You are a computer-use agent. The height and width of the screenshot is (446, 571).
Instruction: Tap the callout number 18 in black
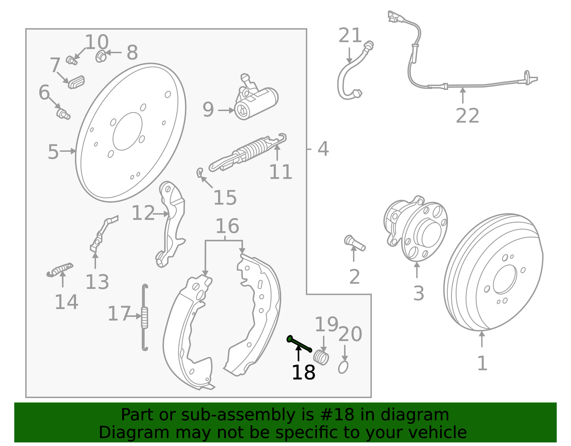pyautogui.click(x=303, y=373)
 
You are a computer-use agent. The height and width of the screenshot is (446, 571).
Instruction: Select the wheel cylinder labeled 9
pyautogui.click(x=256, y=103)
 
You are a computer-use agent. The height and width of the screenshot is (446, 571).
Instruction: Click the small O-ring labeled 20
pyautogui.click(x=343, y=367)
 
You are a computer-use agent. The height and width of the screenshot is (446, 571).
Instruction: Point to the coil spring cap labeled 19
pyautogui.click(x=321, y=358)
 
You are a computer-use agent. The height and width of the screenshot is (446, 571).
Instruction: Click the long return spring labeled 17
pyautogui.click(x=145, y=317)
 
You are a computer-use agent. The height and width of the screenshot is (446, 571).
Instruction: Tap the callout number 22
pyautogui.click(x=467, y=116)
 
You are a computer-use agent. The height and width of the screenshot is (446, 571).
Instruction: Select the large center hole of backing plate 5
pyautogui.click(x=127, y=131)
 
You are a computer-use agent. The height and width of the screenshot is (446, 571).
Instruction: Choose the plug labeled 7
pyautogui.click(x=76, y=82)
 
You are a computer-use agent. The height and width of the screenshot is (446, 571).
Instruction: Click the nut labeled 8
pyautogui.click(x=101, y=56)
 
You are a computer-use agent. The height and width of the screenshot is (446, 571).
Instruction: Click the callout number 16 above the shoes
pyautogui.click(x=227, y=226)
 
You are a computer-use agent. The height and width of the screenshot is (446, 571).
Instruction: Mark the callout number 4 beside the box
pyautogui.click(x=323, y=149)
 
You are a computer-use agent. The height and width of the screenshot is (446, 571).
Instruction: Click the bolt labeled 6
pyautogui.click(x=63, y=114)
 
